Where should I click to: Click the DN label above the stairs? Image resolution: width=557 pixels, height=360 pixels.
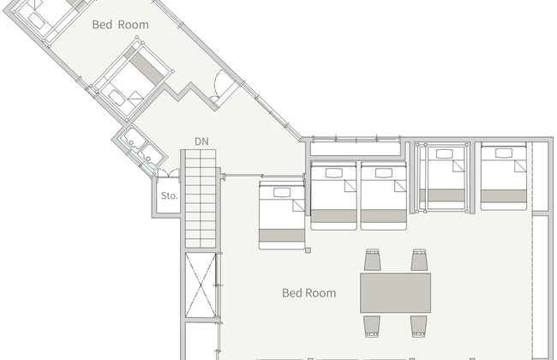point(201,141)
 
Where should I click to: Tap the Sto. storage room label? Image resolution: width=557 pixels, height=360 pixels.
point(169,195)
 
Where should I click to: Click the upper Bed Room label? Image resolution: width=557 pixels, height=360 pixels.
point(121,25)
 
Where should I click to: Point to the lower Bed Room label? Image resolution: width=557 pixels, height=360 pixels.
point(309,293)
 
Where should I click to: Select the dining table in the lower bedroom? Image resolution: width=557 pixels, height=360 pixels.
point(395,293)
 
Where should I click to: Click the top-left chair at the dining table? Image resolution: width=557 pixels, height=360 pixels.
point(372,260)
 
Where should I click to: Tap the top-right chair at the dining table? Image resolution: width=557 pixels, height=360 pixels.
point(419,260)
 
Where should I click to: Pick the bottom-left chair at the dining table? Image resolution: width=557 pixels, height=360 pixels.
point(372,327)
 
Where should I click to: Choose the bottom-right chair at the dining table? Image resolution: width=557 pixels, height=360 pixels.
point(419,327)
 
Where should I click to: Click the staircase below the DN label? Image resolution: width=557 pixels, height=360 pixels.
point(201,198)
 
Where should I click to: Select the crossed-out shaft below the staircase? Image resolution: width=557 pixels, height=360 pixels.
point(201,285)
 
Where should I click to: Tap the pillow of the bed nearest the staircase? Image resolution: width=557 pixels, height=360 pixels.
point(282,192)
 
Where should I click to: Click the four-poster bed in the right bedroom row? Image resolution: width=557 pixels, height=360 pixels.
point(443,177)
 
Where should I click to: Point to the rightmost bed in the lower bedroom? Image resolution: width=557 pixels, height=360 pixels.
point(503,177)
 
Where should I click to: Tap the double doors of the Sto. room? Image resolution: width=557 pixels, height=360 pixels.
point(168,173)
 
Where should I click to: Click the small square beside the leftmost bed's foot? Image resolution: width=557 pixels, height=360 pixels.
point(308,250)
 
